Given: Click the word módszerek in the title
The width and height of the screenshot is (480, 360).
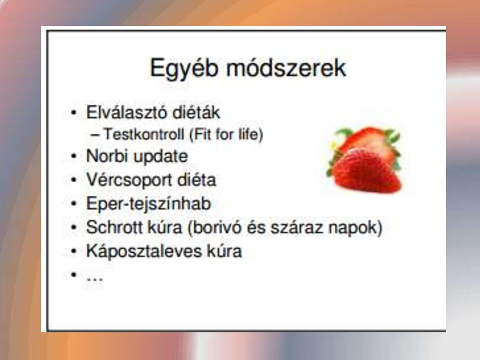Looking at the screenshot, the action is (286, 67).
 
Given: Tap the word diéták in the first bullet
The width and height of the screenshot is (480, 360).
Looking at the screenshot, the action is (196, 112).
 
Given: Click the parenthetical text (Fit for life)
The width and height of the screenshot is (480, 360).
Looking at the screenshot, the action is (226, 134).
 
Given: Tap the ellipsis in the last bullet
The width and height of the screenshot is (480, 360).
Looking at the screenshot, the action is (95, 279).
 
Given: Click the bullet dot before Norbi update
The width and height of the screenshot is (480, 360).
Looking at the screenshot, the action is (74, 156).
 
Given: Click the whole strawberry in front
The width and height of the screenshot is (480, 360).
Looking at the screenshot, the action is (366, 171).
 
